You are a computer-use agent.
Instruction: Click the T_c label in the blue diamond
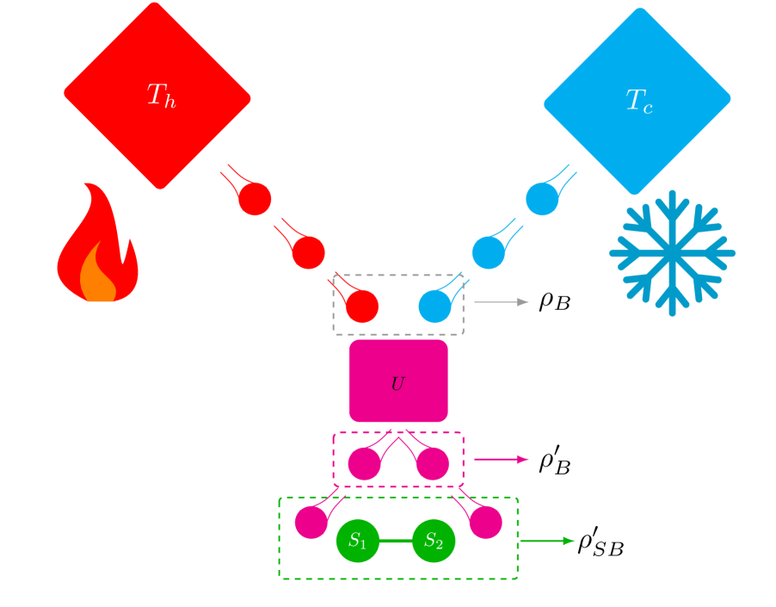point(638,102)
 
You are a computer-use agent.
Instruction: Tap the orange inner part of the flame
point(98,280)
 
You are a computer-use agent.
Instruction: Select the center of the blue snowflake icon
point(672,253)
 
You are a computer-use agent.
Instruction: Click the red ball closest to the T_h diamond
point(255,199)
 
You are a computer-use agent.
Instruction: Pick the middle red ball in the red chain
point(308,252)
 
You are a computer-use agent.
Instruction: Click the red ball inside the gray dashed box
point(361,306)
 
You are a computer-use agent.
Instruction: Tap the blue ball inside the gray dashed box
point(434,306)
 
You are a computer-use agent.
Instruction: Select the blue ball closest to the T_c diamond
point(542,199)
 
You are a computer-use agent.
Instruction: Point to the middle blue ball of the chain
point(488,252)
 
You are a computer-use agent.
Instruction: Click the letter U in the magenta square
point(397,385)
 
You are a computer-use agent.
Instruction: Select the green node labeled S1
point(358,541)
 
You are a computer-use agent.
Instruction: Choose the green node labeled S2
point(434,541)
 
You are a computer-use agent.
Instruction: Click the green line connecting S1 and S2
point(396,541)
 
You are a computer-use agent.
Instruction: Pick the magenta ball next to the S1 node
point(311,522)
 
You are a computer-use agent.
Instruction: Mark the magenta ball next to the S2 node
point(485,522)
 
